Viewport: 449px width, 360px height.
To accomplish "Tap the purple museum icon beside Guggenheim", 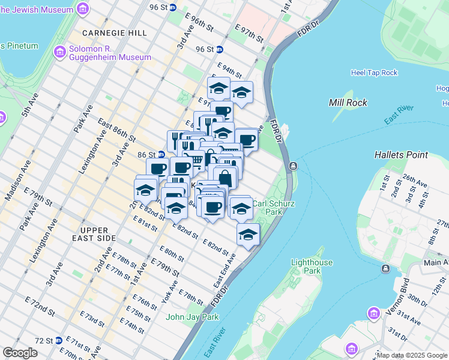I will (59, 52).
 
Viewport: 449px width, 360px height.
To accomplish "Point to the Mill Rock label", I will (346, 103).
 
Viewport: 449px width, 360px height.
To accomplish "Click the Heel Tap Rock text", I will (374, 73).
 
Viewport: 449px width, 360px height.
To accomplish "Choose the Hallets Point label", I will (401, 155).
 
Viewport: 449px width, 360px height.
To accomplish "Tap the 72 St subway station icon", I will (59, 340).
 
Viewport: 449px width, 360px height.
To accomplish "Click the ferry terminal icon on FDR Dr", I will (293, 166).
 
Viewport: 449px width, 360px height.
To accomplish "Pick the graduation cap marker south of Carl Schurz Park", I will (247, 235).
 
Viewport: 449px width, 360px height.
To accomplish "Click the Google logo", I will (20, 353).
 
